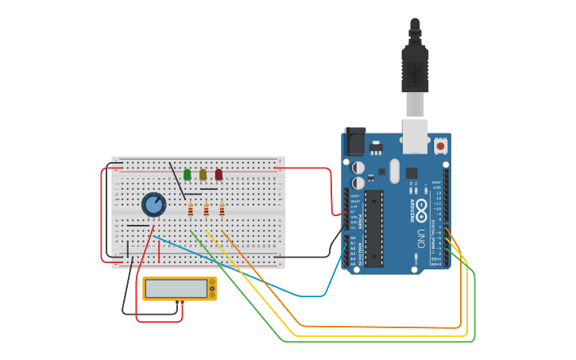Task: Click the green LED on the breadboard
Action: pos(187,174)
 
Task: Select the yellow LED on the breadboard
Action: pos(203,174)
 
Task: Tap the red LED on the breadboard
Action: pos(218,174)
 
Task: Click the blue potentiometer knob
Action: pos(153,205)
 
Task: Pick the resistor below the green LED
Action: pos(191,210)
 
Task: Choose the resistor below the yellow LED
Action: pos(207,210)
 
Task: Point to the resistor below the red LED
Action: pos(222,210)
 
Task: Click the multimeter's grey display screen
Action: pos(176,288)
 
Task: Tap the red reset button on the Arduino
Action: pos(440,146)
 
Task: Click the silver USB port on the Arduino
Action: pos(415,135)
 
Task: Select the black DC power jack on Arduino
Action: pos(354,141)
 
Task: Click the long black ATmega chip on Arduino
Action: pos(374,228)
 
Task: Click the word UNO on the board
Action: pos(421,238)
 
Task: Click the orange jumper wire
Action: pos(381,327)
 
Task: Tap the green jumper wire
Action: pos(381,342)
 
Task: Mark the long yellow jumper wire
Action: pos(381,336)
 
